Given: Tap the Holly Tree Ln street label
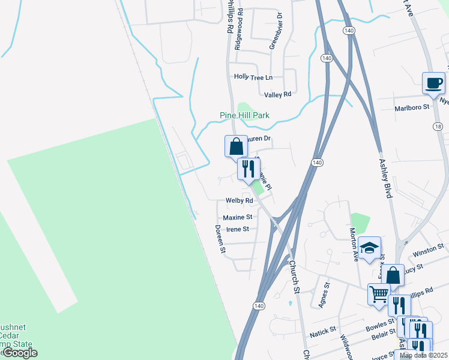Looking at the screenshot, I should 253,77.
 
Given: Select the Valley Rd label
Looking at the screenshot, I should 277,94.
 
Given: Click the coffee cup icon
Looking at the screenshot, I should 433,84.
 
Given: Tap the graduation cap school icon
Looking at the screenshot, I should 370,247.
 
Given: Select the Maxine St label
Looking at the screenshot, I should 237,217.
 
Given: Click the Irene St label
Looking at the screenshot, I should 237,229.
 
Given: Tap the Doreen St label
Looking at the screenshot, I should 220,238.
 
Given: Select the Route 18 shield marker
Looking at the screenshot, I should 438,126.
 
